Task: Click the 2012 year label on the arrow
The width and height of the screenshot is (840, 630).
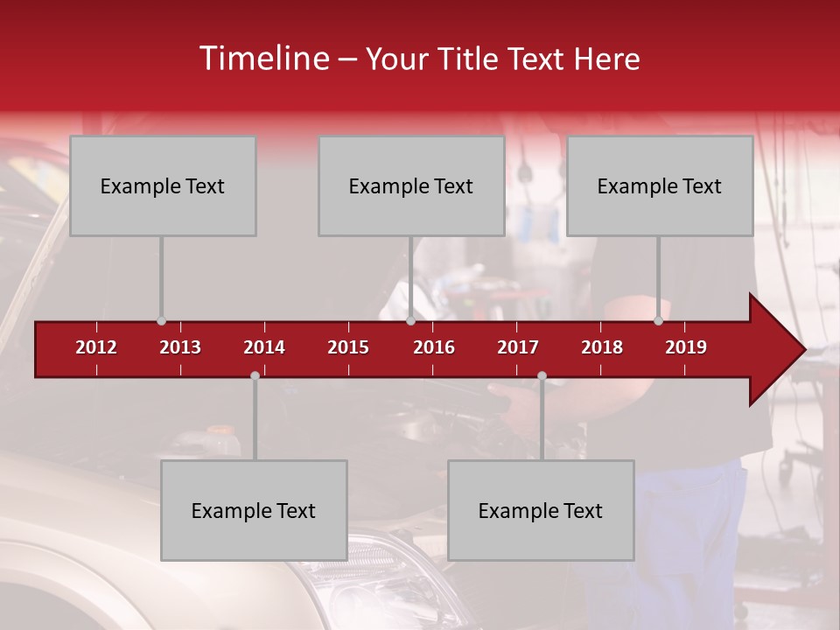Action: pyautogui.click(x=96, y=347)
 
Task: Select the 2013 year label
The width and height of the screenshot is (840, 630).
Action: pyautogui.click(x=180, y=347)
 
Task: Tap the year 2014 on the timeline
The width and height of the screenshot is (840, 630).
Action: pyautogui.click(x=264, y=347)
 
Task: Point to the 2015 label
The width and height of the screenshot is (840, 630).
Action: pyautogui.click(x=348, y=347)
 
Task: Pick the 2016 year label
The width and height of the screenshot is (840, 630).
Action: pyautogui.click(x=434, y=347)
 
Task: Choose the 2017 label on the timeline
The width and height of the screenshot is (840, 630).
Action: pyautogui.click(x=518, y=347)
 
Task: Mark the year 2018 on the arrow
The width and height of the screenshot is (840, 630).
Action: pyautogui.click(x=602, y=347)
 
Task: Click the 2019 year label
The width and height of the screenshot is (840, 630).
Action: pyautogui.click(x=686, y=347)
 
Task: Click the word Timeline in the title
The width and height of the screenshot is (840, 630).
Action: pyautogui.click(x=262, y=59)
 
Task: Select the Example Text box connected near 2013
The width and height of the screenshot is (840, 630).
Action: pyautogui.click(x=163, y=185)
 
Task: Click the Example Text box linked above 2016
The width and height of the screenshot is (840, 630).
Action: pyautogui.click(x=411, y=185)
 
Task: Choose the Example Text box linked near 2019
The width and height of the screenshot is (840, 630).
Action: pyautogui.click(x=660, y=185)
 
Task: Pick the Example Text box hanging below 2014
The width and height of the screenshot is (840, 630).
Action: pyautogui.click(x=254, y=510)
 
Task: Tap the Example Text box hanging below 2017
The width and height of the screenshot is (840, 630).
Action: pyautogui.click(x=541, y=510)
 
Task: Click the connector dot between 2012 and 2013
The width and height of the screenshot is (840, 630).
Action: pyautogui.click(x=161, y=321)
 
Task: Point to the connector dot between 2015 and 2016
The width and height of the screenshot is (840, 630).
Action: pyautogui.click(x=410, y=321)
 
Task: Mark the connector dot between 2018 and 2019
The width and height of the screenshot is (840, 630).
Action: pyautogui.click(x=658, y=321)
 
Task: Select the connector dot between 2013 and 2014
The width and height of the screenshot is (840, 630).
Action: pyautogui.click(x=255, y=376)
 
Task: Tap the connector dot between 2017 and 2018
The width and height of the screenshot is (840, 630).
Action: pyautogui.click(x=542, y=376)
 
